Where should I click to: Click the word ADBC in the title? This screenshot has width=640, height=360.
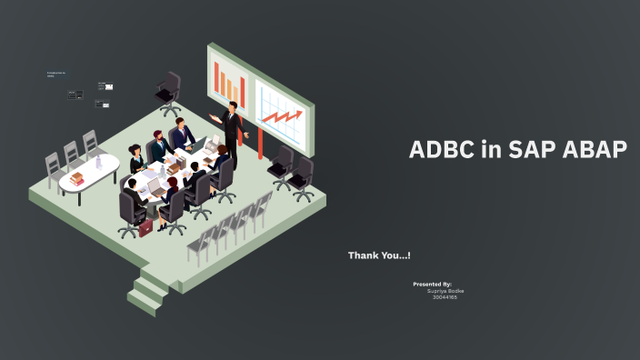[x=442, y=150]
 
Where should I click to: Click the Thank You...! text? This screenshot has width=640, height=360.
[x=379, y=255]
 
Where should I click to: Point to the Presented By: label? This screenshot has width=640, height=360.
[x=432, y=284]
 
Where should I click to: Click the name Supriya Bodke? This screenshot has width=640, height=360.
[x=445, y=291]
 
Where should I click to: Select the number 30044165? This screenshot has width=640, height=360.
[x=445, y=297]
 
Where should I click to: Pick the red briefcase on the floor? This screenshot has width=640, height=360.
[x=145, y=227]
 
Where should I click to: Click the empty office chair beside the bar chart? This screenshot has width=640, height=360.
[x=169, y=90]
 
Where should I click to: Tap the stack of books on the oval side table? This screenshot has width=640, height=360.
[x=76, y=178]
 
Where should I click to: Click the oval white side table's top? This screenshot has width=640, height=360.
[x=90, y=172]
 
